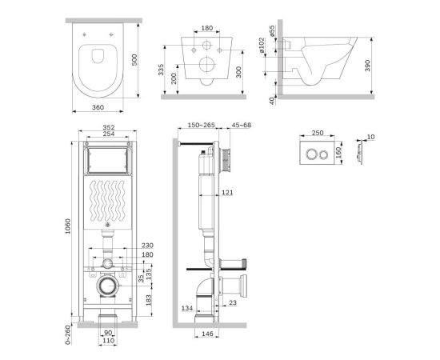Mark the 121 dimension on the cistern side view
[228, 192]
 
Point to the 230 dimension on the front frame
[146, 246]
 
